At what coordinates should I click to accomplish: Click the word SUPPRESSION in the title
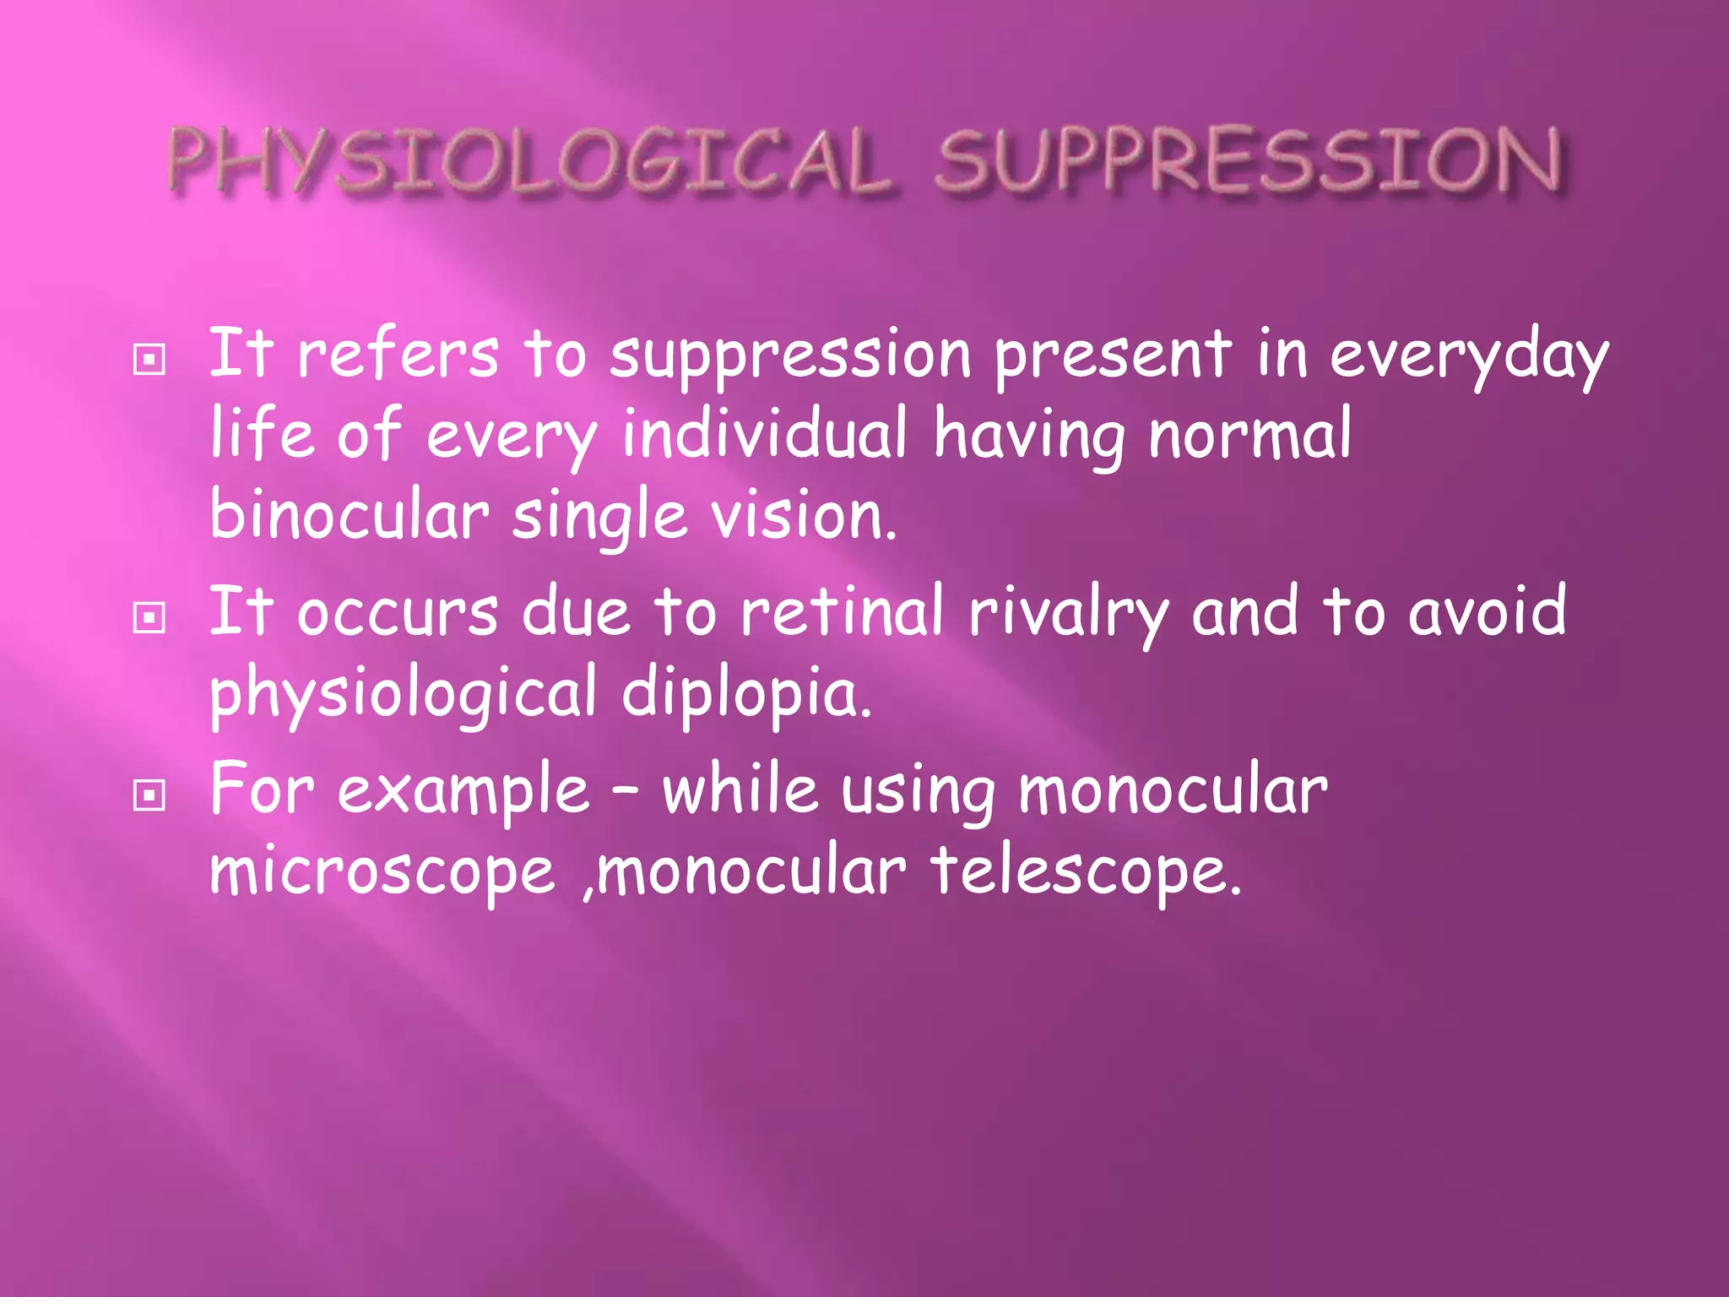click(1248, 161)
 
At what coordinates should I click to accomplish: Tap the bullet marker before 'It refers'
click(149, 361)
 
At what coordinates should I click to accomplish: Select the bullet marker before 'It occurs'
click(149, 619)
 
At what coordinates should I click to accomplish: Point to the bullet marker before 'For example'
click(149, 795)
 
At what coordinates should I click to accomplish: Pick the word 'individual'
click(765, 434)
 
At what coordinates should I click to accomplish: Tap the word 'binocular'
click(349, 515)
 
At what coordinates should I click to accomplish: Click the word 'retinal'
click(842, 611)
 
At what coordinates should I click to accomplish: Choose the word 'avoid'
click(1487, 611)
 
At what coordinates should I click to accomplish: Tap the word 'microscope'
click(382, 873)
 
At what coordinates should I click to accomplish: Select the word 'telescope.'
click(1087, 873)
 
